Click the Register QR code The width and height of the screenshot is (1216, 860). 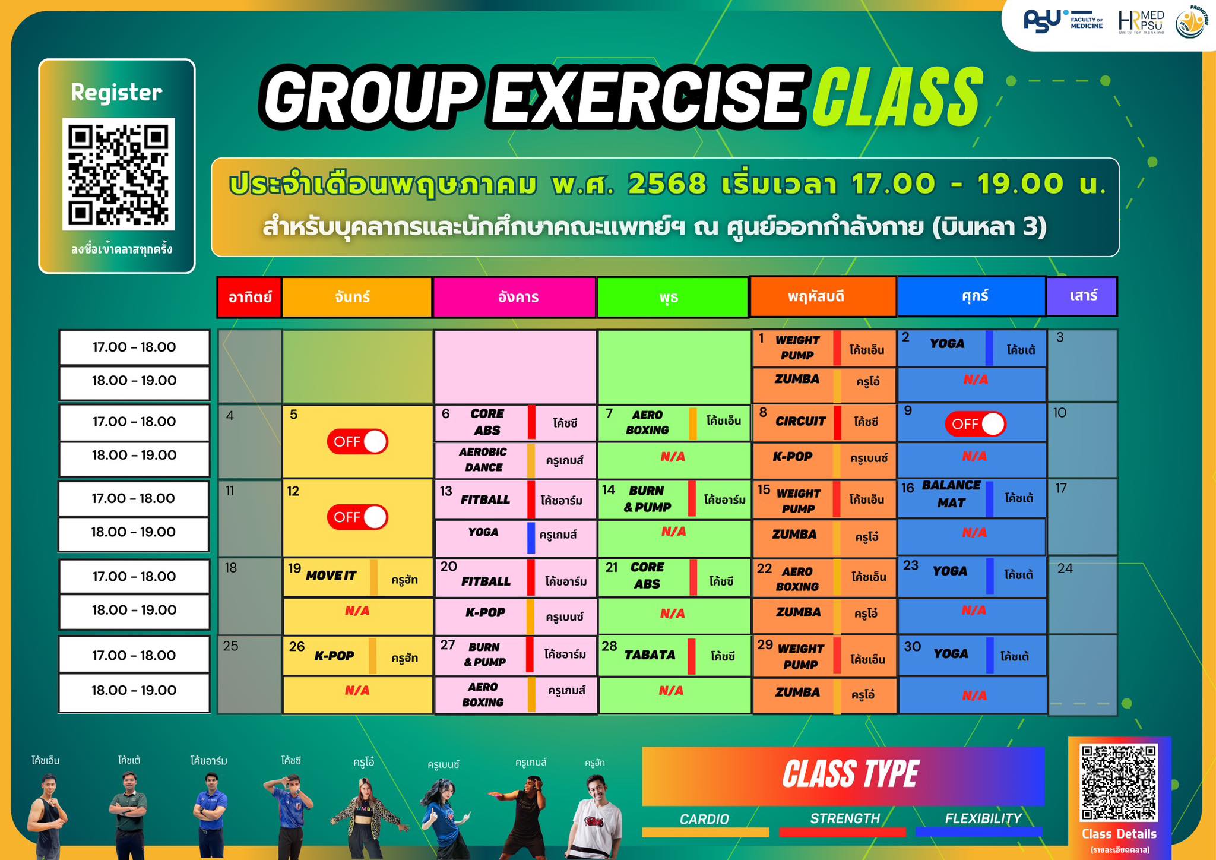point(119,174)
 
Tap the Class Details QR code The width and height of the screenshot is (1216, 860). point(1119,782)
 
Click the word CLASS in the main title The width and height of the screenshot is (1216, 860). point(897,97)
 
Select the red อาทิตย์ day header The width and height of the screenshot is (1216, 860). point(249,296)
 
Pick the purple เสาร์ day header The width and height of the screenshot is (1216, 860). point(1081,296)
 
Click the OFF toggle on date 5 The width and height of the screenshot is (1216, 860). point(357,441)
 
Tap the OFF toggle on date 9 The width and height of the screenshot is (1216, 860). point(976,424)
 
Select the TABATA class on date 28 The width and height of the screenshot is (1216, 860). point(650,655)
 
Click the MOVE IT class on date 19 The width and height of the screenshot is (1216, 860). point(331,576)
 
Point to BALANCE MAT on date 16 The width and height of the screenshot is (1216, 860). point(951,494)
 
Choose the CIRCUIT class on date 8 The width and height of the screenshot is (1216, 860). point(800,421)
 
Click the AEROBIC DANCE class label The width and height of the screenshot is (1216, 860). point(483,460)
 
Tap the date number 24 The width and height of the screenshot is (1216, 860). point(1065,568)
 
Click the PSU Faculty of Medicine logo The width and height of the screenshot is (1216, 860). point(1063,22)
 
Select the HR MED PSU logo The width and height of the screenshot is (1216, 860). point(1141,23)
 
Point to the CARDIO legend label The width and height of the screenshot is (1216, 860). point(704,819)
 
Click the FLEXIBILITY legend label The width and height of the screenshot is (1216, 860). point(983,818)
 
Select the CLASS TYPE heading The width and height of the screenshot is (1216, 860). point(850,774)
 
